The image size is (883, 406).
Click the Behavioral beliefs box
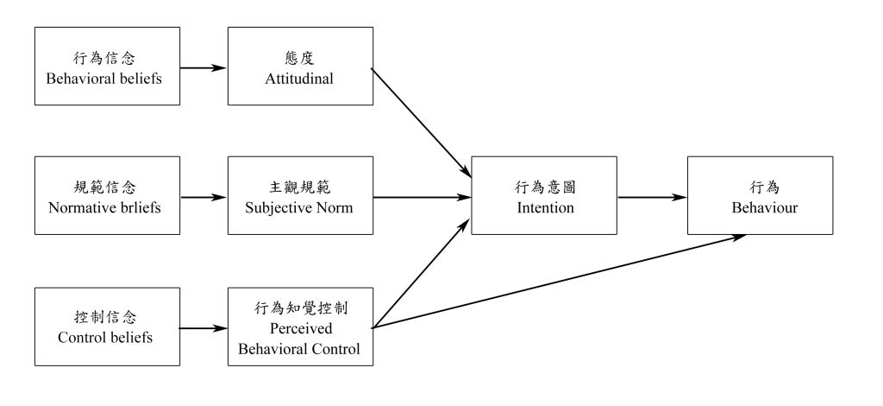tap(106, 66)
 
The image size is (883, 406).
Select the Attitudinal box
tap(300, 66)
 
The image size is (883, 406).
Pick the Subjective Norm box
tap(300, 195)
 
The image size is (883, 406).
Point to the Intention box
tap(544, 195)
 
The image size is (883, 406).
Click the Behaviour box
tap(760, 195)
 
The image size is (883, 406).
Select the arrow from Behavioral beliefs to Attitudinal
tap(204, 67)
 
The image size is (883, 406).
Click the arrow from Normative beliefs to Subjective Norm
tap(204, 196)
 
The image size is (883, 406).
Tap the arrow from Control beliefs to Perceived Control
tap(204, 328)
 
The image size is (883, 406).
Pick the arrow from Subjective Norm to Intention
tap(423, 196)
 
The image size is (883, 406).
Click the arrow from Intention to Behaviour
tap(652, 196)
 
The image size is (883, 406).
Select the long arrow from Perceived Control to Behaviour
tap(560, 282)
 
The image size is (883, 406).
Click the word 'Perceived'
tap(300, 329)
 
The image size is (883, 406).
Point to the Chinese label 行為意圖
tap(544, 186)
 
